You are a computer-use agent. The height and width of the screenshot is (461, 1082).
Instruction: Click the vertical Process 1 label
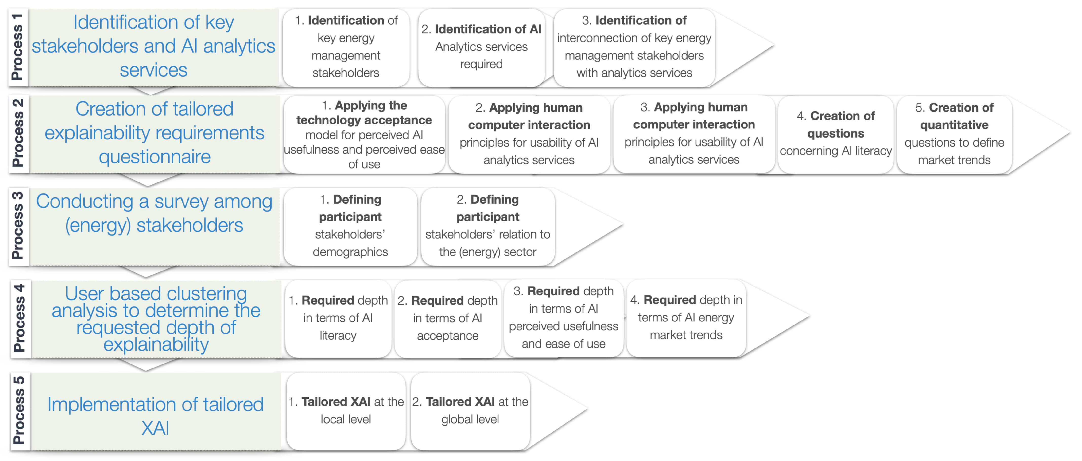coord(18,47)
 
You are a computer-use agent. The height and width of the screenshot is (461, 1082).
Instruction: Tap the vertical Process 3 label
coord(18,226)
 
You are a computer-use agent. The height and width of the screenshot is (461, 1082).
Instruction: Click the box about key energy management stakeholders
coord(346,47)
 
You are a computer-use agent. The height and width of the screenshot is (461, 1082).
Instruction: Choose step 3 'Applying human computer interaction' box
coord(694,133)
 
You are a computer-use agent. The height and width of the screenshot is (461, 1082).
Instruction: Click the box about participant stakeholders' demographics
coord(350,226)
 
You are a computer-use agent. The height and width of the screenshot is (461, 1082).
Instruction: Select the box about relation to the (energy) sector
coord(487,226)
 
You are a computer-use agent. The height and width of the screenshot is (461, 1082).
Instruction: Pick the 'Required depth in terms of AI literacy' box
coord(338,318)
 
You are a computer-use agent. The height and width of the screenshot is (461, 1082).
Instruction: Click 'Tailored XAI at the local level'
coord(346,411)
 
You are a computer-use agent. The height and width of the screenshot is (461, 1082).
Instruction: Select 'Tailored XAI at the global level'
coord(470,411)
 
